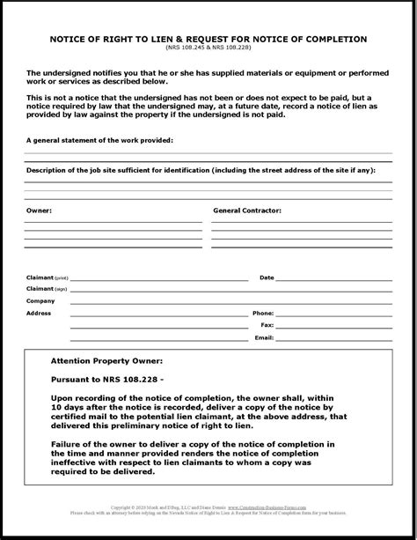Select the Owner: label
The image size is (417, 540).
pos(39,211)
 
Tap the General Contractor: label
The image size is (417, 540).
pos(248,211)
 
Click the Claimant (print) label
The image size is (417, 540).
pos(47,277)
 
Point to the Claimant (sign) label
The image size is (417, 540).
pos(47,289)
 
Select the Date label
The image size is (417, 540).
pos(267,277)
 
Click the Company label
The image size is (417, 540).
pos(40,300)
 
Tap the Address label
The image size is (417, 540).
pos(39,313)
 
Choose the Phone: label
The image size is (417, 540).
pos(263,313)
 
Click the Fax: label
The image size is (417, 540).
pos(267,325)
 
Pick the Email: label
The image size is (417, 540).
pos(264,337)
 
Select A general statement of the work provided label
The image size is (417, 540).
pos(99,140)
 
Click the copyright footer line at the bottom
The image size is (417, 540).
pos(208,508)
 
